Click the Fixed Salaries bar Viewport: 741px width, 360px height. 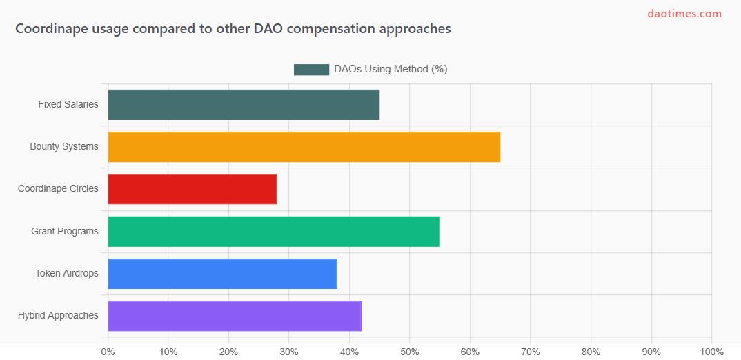(244, 104)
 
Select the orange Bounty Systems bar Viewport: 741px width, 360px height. (304, 147)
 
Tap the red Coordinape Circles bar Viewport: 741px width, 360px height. (192, 189)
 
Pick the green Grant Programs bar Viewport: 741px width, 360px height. (274, 231)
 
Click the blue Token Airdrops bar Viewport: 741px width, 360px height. (222, 273)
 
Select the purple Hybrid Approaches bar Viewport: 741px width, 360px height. (235, 316)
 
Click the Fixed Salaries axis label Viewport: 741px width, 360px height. (68, 105)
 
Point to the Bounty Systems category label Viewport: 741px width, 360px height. (64, 147)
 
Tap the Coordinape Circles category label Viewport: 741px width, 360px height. (58, 189)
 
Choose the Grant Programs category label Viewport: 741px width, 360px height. (65, 231)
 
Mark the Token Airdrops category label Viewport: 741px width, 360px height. (67, 273)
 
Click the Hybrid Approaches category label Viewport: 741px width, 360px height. (58, 316)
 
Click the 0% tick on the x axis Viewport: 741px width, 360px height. (108, 352)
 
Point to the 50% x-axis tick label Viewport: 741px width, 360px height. (409, 352)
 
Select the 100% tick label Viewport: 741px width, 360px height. (711, 352)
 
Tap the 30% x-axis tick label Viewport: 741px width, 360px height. (289, 352)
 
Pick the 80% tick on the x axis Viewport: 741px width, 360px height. (591, 352)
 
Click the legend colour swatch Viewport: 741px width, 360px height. (311, 70)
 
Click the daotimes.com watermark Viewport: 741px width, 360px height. (684, 14)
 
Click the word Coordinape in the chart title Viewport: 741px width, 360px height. (49, 29)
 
